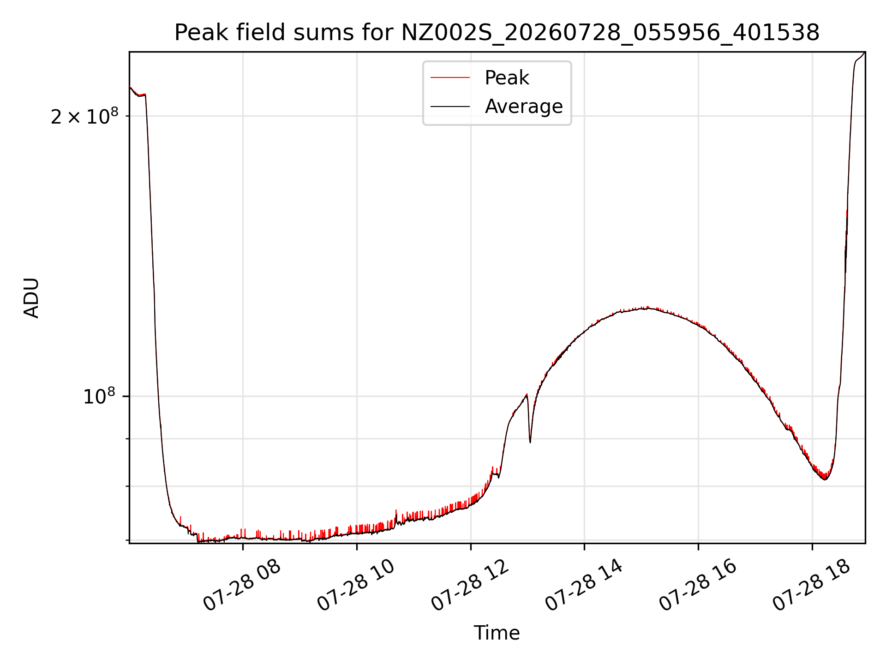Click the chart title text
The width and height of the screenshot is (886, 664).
point(497,33)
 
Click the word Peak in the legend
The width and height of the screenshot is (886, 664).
point(507,78)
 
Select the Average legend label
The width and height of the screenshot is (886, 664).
point(524,107)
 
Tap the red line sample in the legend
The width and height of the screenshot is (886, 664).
point(450,78)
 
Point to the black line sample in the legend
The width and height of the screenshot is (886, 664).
point(450,107)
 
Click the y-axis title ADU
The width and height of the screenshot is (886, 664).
point(31,297)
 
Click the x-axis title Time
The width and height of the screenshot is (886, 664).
point(497,633)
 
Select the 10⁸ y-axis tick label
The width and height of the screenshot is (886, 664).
point(99,396)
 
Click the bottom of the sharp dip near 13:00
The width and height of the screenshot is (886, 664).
point(530,442)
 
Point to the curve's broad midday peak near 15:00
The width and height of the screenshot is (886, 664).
point(648,308)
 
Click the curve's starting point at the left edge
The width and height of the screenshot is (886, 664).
point(130,86)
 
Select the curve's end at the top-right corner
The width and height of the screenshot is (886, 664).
point(865,53)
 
